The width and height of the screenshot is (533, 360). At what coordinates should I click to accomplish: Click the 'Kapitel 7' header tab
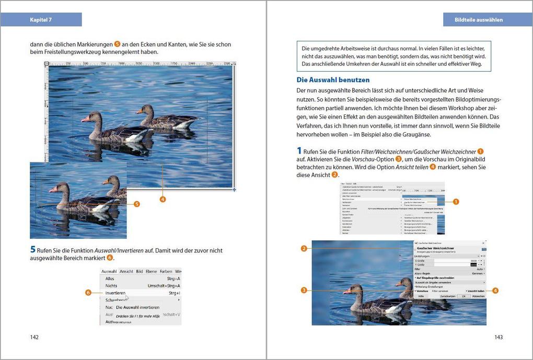(41, 20)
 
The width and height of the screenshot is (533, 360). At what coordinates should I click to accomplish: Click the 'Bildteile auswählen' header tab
(479, 20)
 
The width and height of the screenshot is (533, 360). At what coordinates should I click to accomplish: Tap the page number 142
(34, 337)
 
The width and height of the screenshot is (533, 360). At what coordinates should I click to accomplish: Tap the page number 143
(498, 337)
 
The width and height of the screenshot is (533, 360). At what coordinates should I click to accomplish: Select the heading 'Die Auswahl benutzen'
(333, 80)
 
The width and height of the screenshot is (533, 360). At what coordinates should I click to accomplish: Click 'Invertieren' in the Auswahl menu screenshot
(115, 293)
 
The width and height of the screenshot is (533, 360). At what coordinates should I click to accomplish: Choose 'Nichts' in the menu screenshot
(111, 286)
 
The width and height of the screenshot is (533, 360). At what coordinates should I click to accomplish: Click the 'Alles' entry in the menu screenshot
(110, 278)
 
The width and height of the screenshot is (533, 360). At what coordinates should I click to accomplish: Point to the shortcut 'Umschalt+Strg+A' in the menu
(164, 286)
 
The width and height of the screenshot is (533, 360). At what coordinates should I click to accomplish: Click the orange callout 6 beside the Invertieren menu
(88, 293)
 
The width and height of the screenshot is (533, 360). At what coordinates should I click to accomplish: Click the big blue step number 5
(33, 250)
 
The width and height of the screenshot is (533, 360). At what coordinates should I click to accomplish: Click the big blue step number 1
(299, 151)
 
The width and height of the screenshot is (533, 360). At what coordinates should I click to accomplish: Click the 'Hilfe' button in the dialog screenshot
(420, 296)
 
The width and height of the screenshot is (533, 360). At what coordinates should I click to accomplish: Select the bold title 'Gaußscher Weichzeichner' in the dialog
(435, 248)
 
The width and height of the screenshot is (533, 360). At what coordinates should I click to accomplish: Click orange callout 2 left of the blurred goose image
(304, 248)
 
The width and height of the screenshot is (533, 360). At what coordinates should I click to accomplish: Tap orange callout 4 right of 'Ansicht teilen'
(495, 291)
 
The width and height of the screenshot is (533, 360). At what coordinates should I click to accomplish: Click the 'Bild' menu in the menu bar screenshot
(140, 272)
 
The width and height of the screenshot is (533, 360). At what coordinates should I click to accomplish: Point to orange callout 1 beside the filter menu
(455, 201)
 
